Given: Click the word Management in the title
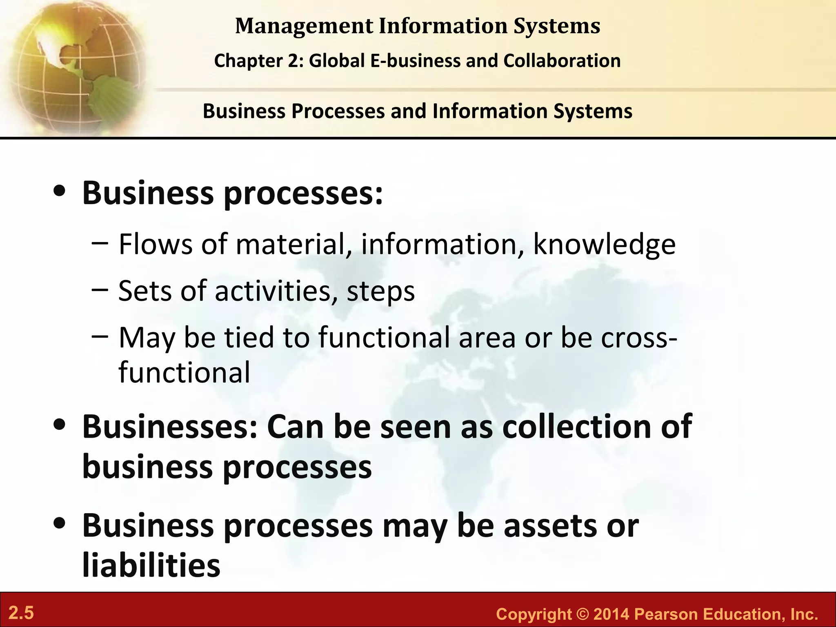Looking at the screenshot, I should coord(304,26).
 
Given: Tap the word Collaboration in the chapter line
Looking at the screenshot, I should coord(562,61).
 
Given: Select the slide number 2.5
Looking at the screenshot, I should coord(21,613).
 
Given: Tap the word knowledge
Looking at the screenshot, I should coord(605,245).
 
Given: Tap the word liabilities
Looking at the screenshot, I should coord(151,565).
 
